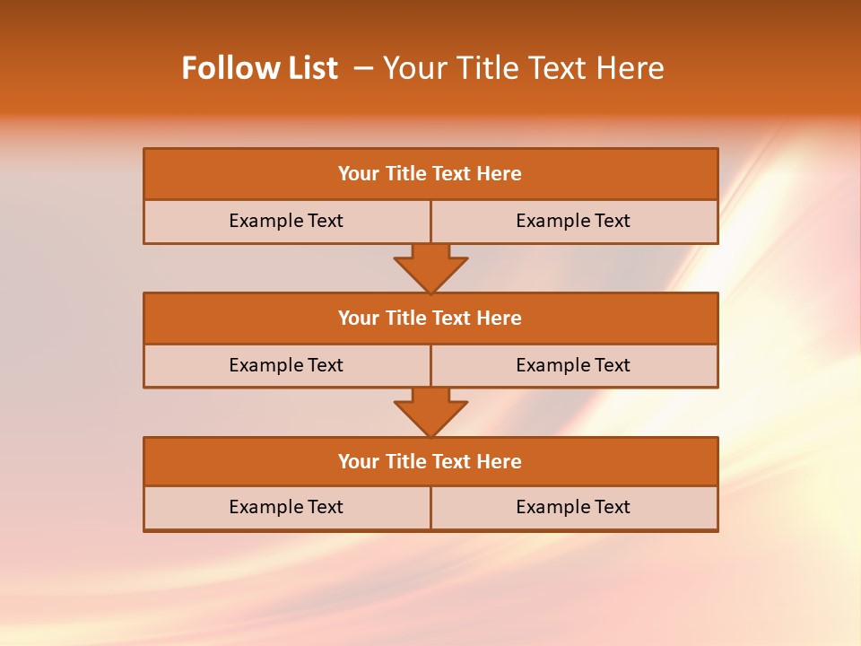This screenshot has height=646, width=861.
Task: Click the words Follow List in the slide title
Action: click(259, 68)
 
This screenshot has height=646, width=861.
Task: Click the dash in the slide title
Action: click(363, 68)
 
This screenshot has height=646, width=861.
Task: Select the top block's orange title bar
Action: click(430, 174)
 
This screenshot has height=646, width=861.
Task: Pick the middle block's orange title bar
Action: click(430, 319)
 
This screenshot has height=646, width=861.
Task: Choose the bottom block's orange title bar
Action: click(430, 462)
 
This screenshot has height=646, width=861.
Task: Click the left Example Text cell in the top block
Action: click(286, 222)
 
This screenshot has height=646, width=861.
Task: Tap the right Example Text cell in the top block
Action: click(573, 222)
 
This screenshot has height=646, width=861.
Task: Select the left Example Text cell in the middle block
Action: click(286, 366)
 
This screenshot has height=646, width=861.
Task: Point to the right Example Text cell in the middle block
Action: click(573, 366)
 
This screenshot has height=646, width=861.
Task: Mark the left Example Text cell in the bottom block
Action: click(286, 508)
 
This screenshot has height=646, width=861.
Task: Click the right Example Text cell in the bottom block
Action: click(573, 508)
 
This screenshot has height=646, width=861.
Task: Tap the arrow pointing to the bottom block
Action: click(430, 412)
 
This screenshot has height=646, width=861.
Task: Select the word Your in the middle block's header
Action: click(359, 319)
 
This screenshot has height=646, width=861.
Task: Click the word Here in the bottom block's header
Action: click(500, 462)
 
